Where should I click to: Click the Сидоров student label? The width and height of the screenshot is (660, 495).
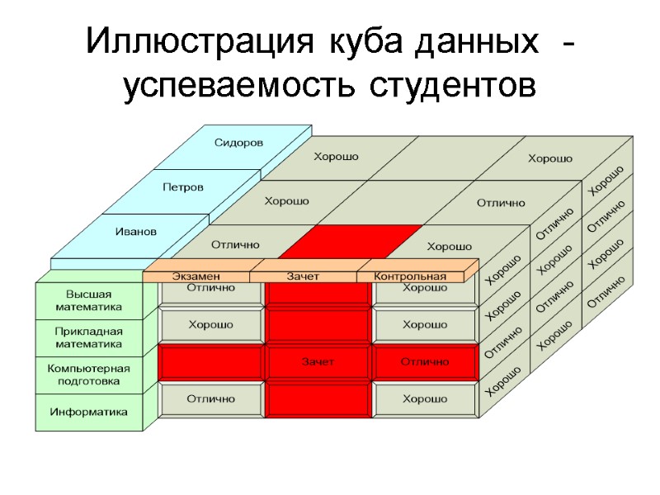tap(238, 143)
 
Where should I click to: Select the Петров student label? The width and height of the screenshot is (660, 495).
tap(182, 187)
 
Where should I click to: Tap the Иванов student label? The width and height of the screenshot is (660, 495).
tap(135, 232)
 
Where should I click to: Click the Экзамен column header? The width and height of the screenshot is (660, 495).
tap(196, 276)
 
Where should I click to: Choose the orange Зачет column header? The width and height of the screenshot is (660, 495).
tap(303, 276)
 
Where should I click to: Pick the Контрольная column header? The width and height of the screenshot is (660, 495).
tap(410, 276)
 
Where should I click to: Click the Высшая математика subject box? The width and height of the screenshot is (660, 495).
tap(88, 300)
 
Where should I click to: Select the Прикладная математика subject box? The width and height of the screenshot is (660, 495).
tap(88, 337)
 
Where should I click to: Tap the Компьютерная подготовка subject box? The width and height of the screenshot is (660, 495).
tap(88, 375)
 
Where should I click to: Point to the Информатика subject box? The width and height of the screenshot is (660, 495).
tap(88, 411)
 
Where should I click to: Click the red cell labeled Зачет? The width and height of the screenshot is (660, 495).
tap(318, 362)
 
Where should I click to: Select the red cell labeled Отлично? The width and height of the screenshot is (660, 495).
tap(425, 362)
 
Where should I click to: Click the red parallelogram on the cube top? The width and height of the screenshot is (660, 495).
tap(350, 240)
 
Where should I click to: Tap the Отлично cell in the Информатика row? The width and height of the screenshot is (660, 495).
tap(210, 399)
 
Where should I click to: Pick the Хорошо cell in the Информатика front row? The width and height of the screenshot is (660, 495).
tap(425, 399)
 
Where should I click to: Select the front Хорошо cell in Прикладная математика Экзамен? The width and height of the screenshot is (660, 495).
tap(210, 325)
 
